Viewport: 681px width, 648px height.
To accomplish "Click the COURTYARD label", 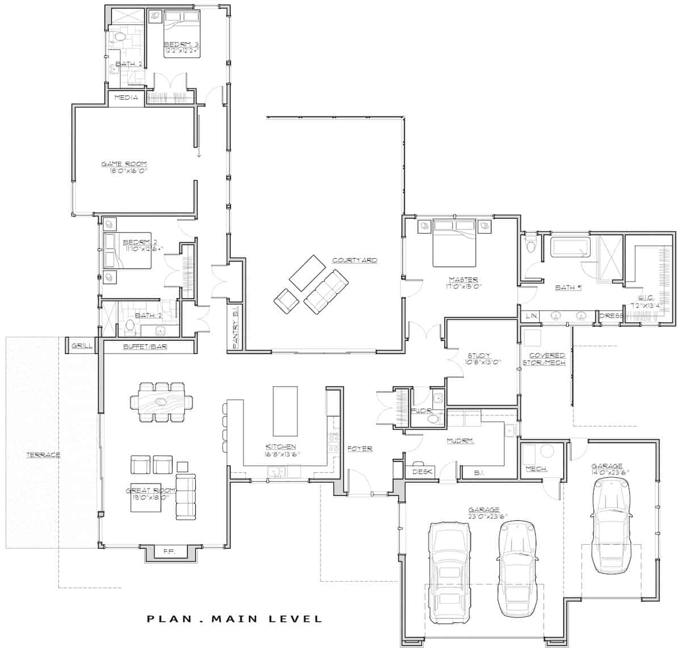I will point(355,260).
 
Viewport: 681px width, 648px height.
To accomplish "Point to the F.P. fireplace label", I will point(169,551).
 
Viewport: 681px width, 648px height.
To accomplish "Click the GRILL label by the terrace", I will point(79,346).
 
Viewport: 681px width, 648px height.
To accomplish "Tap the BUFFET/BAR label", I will point(145,346).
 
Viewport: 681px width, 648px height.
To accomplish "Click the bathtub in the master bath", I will point(570,248).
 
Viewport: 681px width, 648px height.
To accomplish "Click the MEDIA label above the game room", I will point(126,98).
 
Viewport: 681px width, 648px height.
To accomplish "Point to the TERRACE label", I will point(43,455).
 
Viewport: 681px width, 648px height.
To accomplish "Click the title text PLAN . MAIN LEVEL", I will point(234,618).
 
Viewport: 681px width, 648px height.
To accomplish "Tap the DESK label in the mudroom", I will point(422,472).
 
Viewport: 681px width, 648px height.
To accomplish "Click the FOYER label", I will point(360,448).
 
